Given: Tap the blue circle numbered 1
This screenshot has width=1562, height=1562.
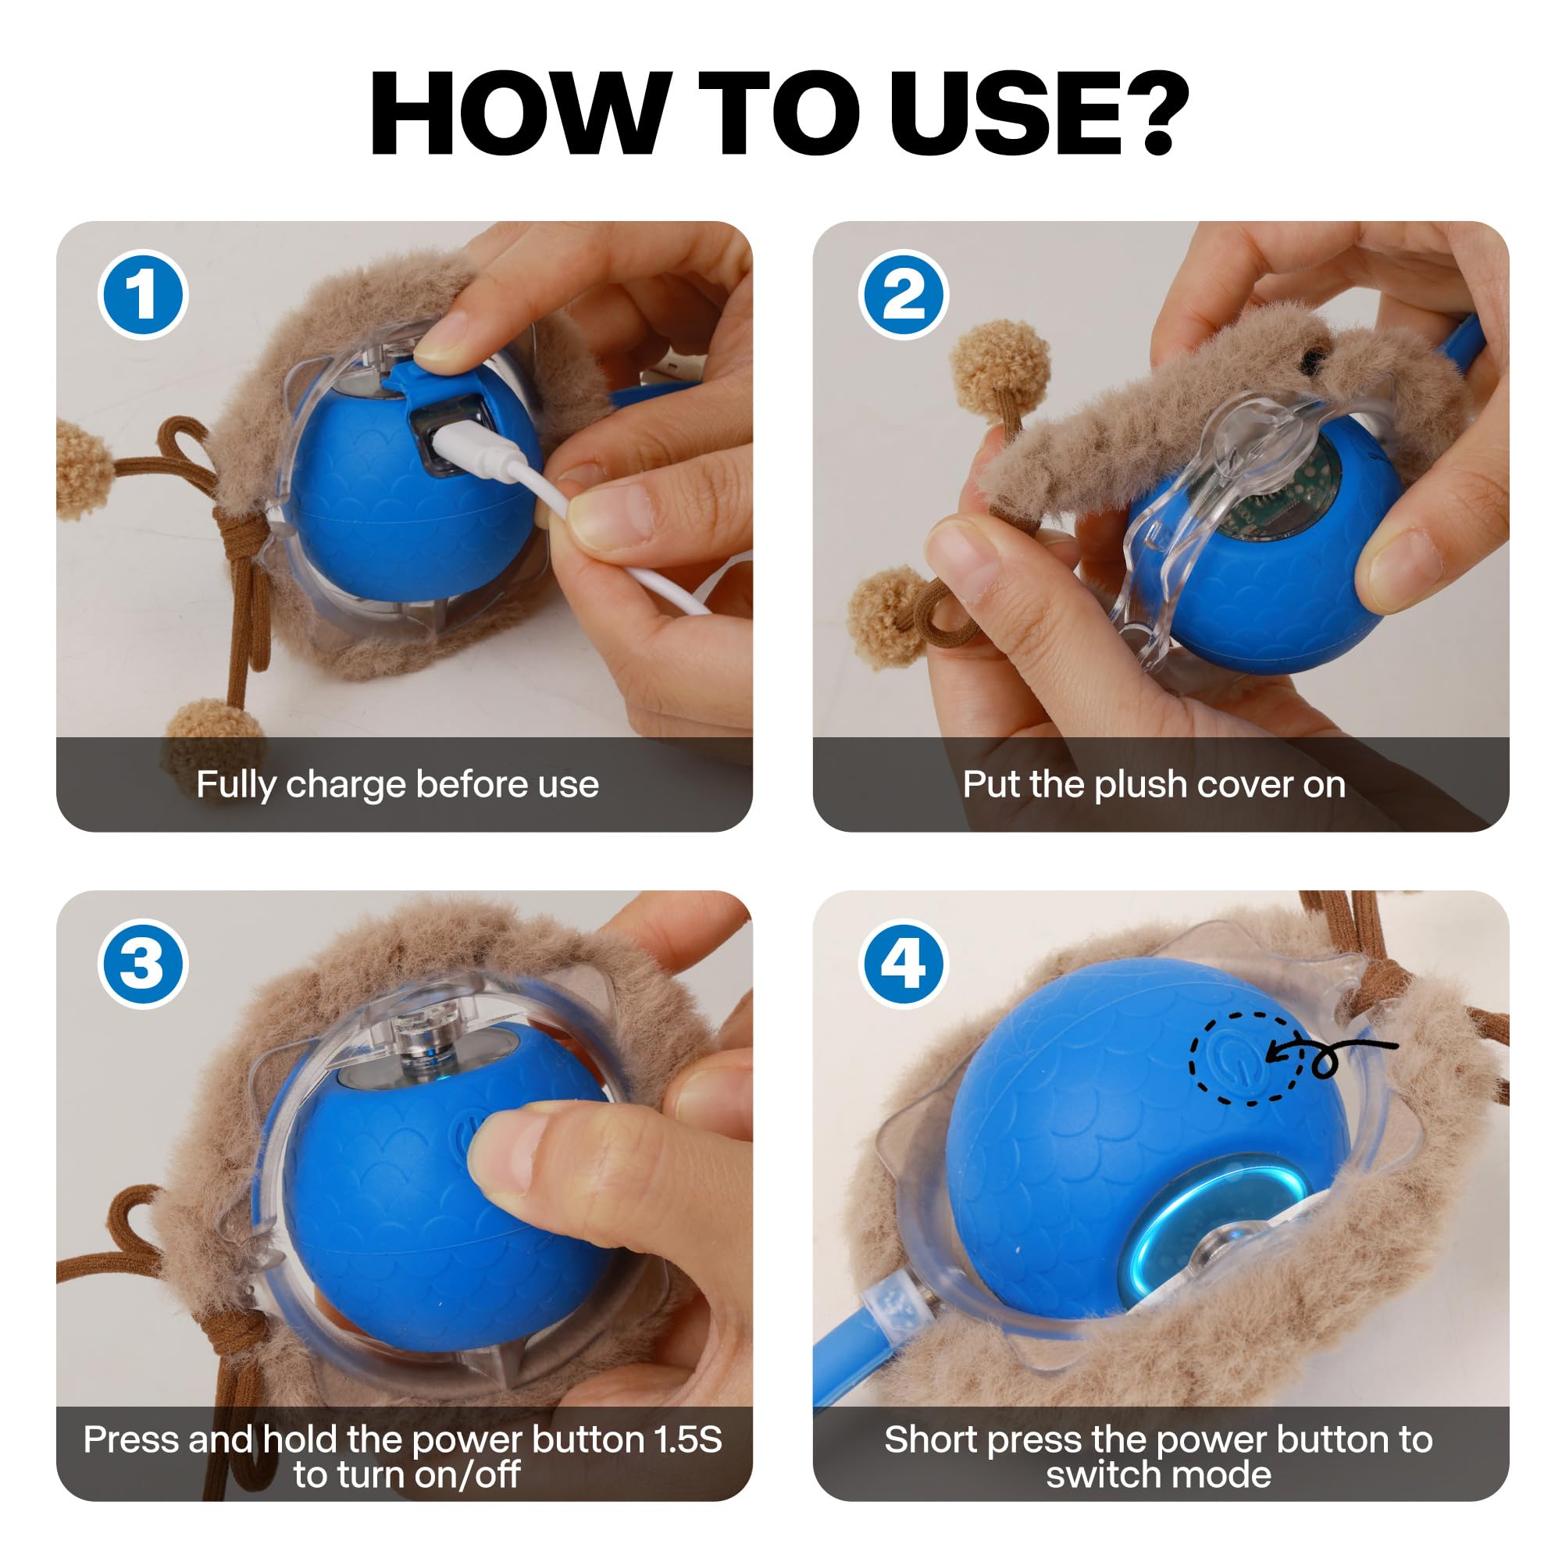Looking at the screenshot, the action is pyautogui.click(x=143, y=294).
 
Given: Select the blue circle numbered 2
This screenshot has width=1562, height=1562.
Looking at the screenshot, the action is pyautogui.click(x=903, y=294).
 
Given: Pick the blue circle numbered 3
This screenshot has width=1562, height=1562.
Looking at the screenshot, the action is pyautogui.click(x=143, y=964).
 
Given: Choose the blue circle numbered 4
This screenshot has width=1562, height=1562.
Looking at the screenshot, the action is pyautogui.click(x=903, y=964).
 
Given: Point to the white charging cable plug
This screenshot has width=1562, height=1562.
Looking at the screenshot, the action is pyautogui.click(x=477, y=454).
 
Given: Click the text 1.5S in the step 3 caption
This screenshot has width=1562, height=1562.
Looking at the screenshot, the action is pyautogui.click(x=688, y=1440).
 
